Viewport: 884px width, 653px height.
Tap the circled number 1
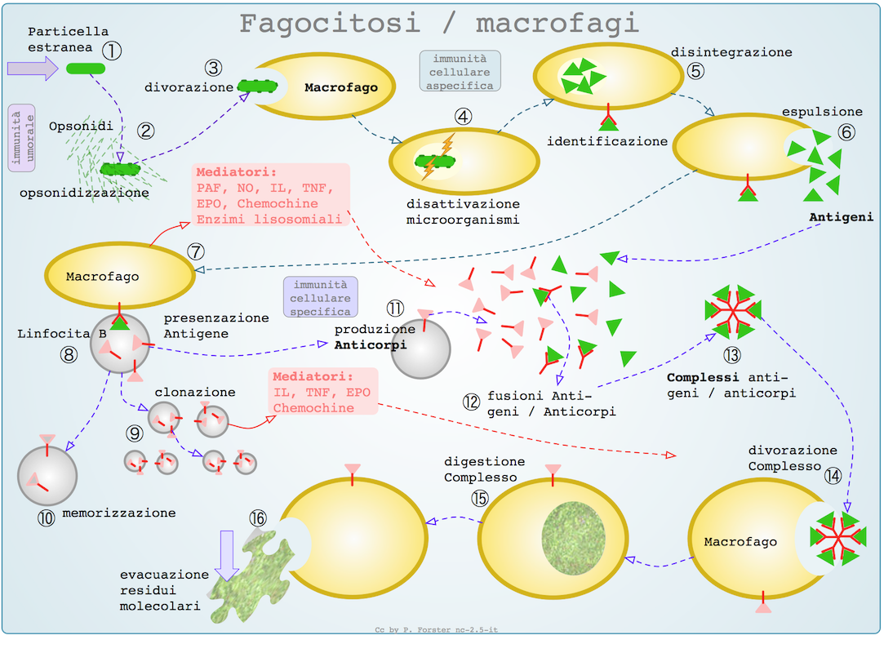click(x=112, y=51)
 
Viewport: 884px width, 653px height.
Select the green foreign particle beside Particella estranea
click(x=85, y=69)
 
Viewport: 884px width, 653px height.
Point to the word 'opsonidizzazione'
click(x=85, y=193)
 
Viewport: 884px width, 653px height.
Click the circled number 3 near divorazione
click(x=214, y=67)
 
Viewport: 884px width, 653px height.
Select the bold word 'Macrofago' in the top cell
click(x=341, y=87)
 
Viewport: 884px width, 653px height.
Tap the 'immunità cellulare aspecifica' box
click(x=460, y=72)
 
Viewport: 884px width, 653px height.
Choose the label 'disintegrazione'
click(x=731, y=52)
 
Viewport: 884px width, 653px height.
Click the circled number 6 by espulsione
click(x=846, y=131)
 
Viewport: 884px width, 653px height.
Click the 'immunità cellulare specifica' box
click(x=320, y=298)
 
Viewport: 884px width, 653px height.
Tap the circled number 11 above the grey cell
click(x=396, y=308)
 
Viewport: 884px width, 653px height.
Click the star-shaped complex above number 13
click(x=732, y=309)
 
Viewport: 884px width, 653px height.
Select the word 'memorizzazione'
click(x=119, y=513)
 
